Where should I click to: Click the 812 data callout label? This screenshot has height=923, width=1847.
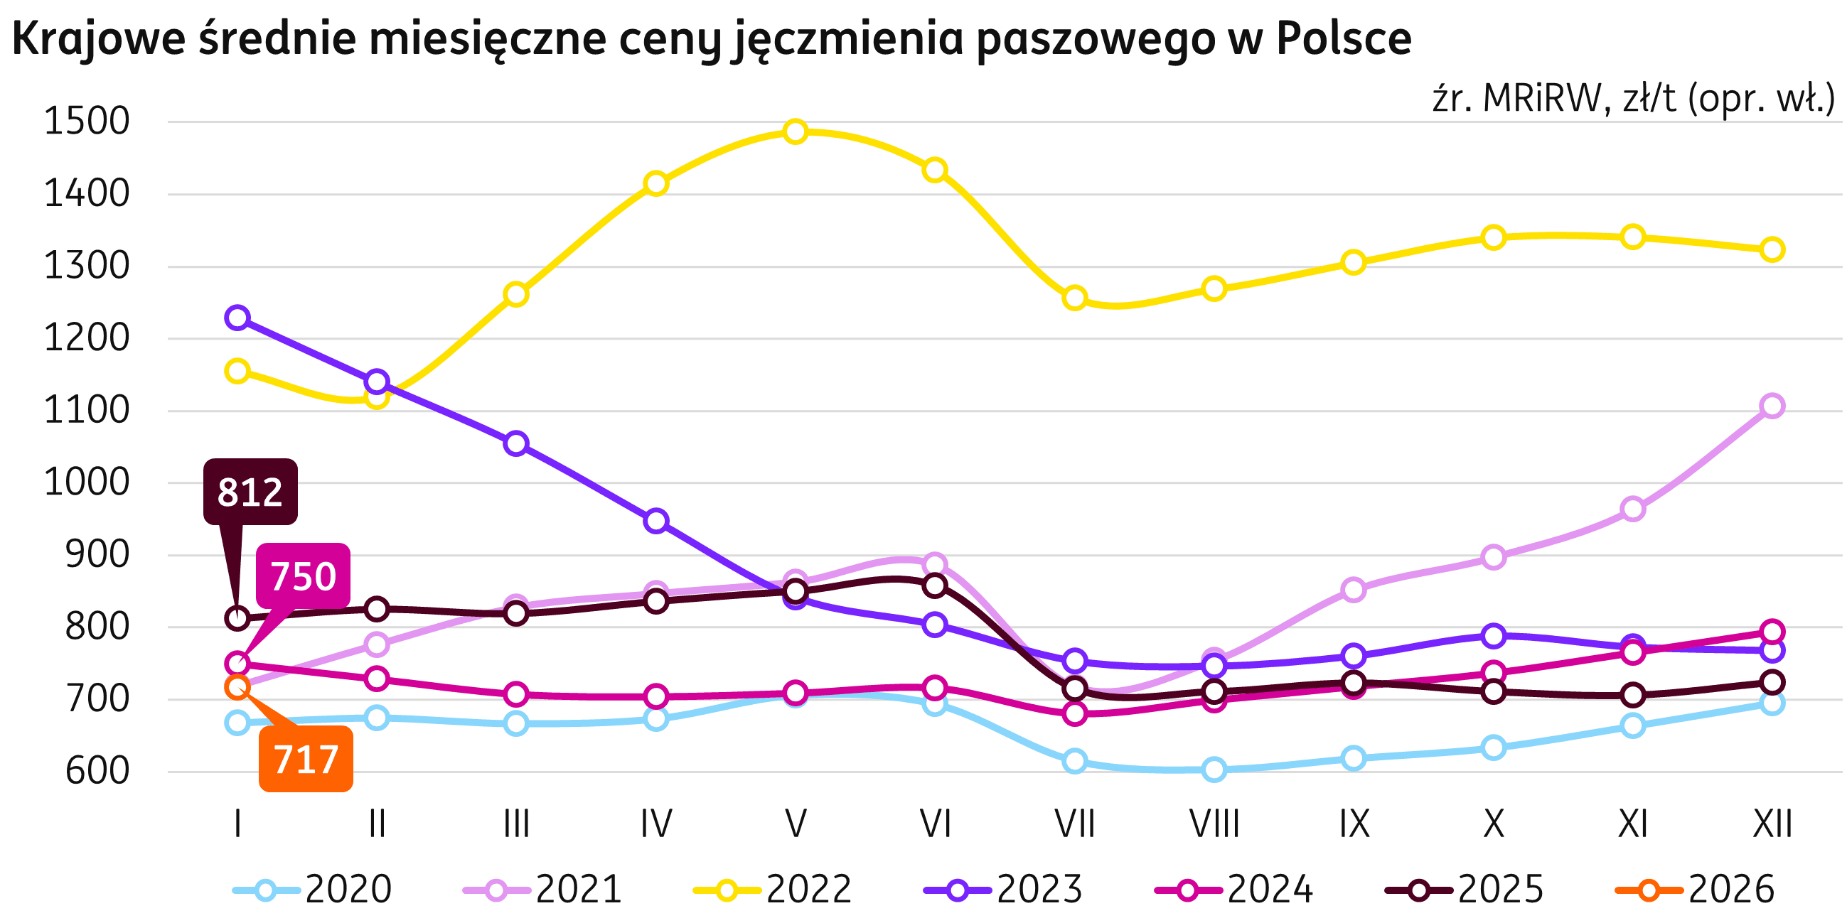[250, 492]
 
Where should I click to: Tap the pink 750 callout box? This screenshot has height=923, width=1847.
[304, 576]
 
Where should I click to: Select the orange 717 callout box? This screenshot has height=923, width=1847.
[306, 759]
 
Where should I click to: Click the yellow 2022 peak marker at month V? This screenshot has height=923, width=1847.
[795, 131]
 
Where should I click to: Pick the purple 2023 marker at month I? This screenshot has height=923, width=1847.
[237, 318]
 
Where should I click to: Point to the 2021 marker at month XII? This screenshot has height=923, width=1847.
[1772, 406]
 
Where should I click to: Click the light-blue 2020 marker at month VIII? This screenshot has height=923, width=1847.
[1214, 770]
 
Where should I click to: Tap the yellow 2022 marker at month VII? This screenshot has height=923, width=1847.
[1074, 297]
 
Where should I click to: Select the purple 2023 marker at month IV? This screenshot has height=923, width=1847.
[655, 520]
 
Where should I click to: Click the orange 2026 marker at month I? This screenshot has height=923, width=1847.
[237, 687]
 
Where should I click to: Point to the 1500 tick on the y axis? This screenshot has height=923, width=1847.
[87, 122]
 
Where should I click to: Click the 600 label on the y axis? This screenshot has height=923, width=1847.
[97, 772]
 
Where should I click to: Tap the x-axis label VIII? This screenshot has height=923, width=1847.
[1214, 824]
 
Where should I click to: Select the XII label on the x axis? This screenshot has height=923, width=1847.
[1772, 824]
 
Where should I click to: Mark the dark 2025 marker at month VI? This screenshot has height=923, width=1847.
[935, 585]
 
